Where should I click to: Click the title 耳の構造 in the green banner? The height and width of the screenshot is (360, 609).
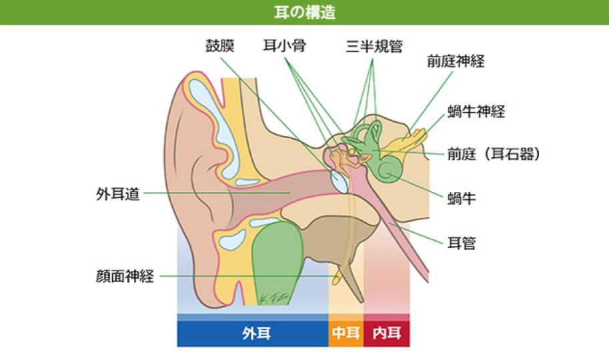click(x=304, y=13)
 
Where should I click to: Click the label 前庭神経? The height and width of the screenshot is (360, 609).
click(x=456, y=62)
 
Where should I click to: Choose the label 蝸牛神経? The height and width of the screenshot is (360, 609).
click(x=476, y=111)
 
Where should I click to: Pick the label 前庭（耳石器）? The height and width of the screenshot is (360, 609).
click(x=493, y=154)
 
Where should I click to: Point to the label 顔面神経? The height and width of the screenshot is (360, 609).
click(x=125, y=277)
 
